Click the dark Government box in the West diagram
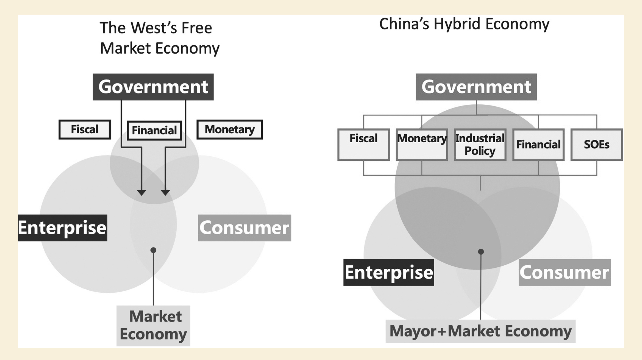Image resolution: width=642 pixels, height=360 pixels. (153, 87)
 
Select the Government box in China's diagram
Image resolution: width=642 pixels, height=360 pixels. (476, 87)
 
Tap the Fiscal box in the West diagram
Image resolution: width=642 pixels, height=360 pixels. (84, 130)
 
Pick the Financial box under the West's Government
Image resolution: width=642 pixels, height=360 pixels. (154, 130)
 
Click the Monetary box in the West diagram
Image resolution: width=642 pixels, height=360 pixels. (229, 130)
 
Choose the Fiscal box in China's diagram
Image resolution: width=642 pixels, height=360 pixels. (363, 145)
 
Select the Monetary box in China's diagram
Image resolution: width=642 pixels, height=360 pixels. (422, 145)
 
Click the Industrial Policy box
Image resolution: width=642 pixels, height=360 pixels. (480, 145)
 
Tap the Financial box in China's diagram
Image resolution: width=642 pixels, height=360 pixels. (538, 145)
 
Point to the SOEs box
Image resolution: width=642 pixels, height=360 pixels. (597, 145)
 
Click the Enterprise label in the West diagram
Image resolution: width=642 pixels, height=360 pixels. (63, 228)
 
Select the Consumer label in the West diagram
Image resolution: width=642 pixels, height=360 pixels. (245, 228)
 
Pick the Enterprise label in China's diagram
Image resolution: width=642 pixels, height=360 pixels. (389, 272)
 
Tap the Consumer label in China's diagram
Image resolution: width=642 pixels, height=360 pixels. (565, 272)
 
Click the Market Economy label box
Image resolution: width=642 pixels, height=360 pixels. (153, 326)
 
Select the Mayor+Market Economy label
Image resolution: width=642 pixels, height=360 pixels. (481, 331)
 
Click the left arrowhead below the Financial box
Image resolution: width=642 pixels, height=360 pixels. (141, 193)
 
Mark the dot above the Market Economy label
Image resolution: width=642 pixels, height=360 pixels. (153, 250)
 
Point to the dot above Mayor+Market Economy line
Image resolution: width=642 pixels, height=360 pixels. (481, 251)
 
